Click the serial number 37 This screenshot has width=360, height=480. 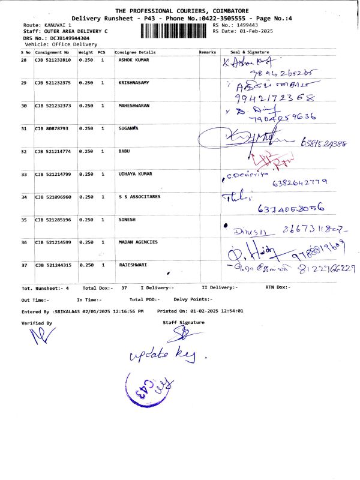23,265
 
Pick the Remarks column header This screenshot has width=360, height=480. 207,52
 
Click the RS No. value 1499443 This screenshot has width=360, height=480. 247,25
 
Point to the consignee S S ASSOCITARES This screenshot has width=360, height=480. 140,197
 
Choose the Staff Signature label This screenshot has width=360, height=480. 184,323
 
